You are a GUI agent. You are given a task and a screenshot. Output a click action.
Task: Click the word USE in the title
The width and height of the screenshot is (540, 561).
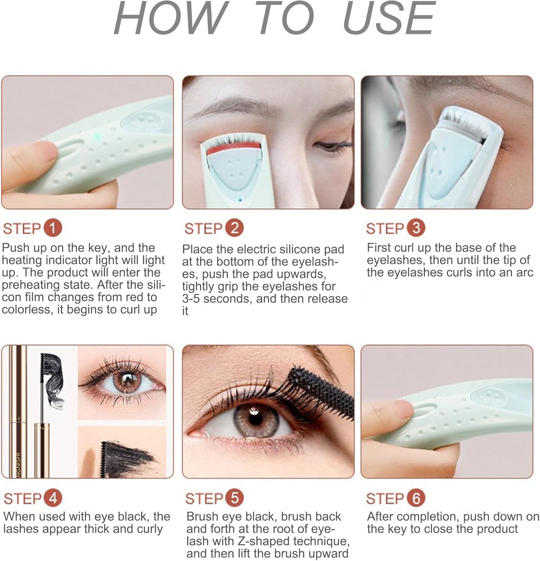(x=389, y=18)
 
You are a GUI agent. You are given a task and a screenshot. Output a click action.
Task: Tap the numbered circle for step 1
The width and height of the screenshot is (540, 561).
(x=53, y=228)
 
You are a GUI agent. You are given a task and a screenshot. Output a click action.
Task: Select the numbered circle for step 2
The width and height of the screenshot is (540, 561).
(x=234, y=228)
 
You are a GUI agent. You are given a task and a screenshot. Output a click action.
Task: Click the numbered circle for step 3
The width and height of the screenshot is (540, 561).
(x=416, y=228)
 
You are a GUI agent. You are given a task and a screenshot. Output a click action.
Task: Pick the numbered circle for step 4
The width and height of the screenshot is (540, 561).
(x=53, y=498)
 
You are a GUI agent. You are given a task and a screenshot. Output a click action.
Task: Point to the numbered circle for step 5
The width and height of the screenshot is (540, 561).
(x=234, y=498)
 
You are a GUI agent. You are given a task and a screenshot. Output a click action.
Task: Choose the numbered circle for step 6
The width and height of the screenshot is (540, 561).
(x=416, y=498)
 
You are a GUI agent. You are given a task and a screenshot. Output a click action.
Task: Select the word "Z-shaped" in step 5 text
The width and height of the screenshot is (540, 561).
(x=264, y=541)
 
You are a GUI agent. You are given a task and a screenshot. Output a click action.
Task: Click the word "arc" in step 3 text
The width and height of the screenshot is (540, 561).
(x=524, y=272)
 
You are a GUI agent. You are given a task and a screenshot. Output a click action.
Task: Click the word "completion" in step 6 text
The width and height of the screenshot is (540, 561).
(x=424, y=516)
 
